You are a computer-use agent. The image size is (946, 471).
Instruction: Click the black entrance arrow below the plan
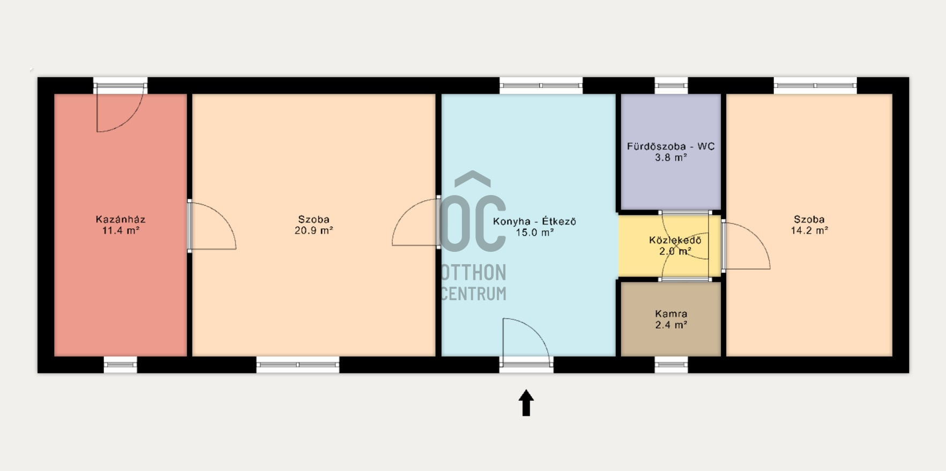(526, 402)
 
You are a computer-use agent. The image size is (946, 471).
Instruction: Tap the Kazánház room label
(121, 219)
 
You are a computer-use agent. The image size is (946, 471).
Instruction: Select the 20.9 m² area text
(314, 230)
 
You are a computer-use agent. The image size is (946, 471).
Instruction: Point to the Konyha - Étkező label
(534, 221)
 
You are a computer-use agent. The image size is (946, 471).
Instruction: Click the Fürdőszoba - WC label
(671, 146)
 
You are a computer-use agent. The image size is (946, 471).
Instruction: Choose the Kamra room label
(671, 314)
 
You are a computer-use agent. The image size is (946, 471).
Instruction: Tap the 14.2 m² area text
(809, 230)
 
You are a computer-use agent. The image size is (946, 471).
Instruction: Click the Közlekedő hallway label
(675, 240)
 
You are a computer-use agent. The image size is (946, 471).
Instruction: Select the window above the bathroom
(671, 85)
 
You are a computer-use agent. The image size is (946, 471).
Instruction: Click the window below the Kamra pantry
(671, 365)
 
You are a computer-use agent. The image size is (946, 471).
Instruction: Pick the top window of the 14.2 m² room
(815, 85)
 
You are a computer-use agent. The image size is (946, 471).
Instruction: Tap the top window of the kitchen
(541, 85)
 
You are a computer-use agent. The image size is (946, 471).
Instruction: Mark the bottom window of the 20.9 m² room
(297, 365)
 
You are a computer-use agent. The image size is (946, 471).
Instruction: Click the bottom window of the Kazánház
(120, 365)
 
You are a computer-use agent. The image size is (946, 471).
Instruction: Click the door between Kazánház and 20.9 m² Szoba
(211, 226)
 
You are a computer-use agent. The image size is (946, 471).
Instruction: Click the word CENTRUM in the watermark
(473, 294)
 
